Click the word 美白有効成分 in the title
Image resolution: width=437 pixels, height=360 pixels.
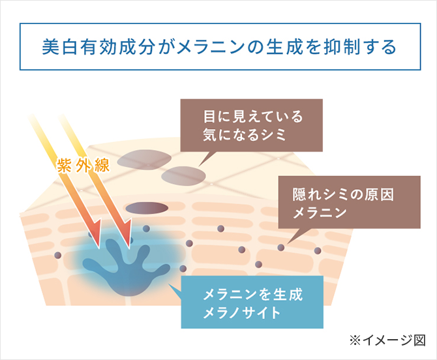(98, 46)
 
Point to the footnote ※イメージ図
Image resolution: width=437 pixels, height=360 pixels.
(387, 340)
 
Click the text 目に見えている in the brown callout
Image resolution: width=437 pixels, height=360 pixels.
(253, 117)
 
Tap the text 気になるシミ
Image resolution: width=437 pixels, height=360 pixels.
(245, 135)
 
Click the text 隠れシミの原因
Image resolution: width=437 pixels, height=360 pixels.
(343, 194)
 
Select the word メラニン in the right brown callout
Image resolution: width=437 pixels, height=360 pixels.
(320, 213)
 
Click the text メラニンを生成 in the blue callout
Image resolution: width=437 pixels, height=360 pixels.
(253, 295)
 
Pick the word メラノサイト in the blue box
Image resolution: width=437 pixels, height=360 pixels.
(241, 312)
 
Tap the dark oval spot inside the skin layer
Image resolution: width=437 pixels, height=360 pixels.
(147, 208)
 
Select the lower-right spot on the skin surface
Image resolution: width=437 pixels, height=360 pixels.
(183, 176)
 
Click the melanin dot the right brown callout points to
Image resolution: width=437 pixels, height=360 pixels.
(281, 247)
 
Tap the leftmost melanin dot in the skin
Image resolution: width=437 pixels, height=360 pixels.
(57, 255)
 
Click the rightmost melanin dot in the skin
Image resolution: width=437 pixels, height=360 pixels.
(318, 251)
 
